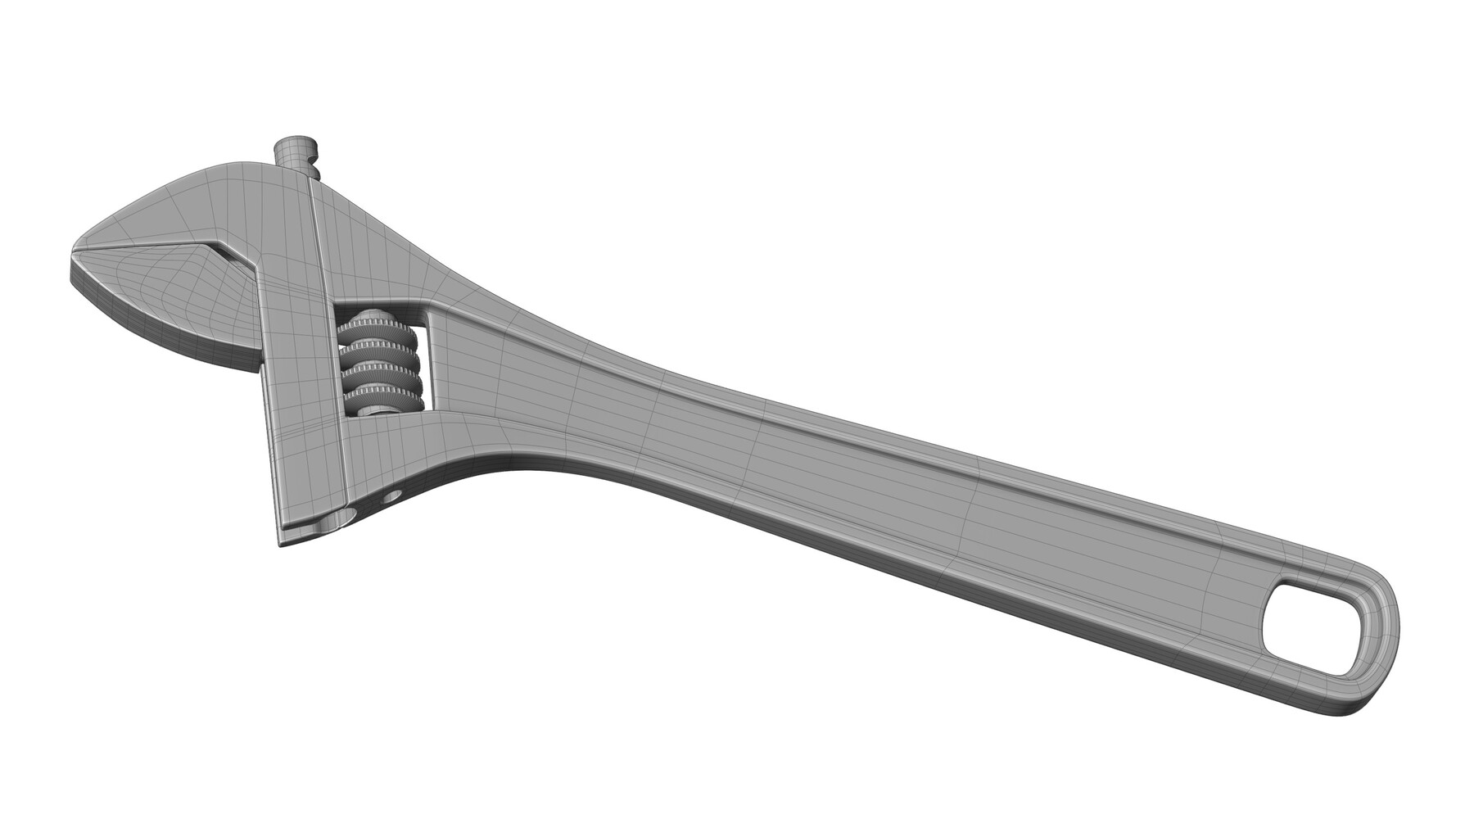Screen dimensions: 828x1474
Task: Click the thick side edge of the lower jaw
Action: coord(164,347)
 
